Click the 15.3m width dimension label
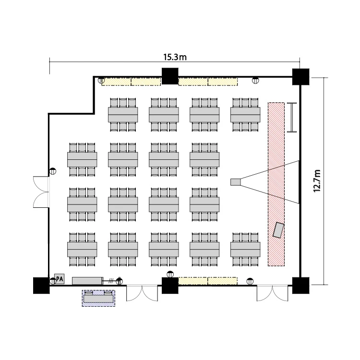175,57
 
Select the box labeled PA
60,278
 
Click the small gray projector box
235,181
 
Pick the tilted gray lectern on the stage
278,229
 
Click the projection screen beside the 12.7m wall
292,118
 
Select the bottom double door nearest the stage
272,293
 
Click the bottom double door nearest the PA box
142,293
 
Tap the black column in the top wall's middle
169,76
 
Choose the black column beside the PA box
41,286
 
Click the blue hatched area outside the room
99,298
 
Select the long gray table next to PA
87,280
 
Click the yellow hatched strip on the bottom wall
208,280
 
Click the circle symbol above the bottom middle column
170,274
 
